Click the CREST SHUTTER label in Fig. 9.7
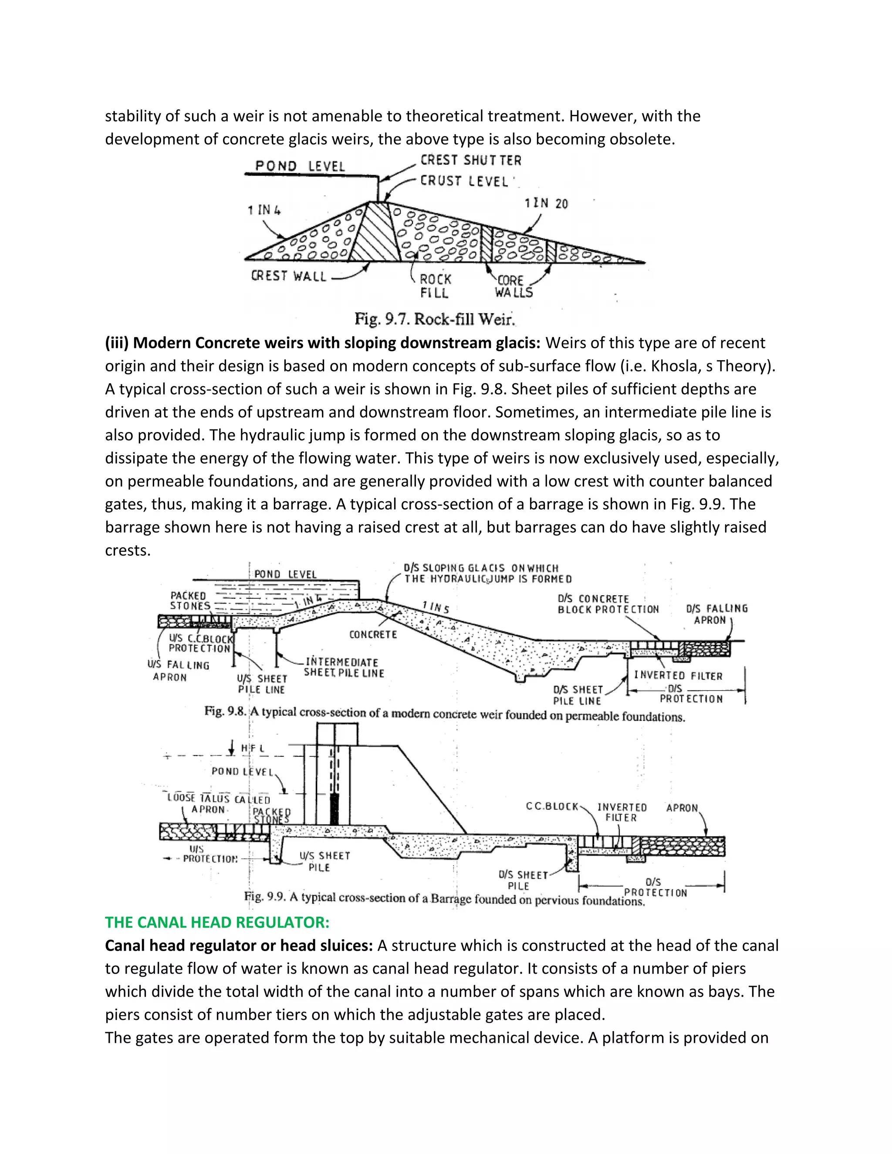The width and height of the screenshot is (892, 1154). coord(470,160)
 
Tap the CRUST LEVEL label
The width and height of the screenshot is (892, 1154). coord(464,181)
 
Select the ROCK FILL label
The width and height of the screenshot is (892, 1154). coord(435,286)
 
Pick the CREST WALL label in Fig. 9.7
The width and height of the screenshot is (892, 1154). coord(288,276)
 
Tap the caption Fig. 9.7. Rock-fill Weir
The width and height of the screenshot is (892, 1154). coord(434,319)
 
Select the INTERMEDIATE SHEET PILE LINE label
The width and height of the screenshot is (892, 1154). coord(344,667)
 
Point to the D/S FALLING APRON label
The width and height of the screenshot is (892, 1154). coord(716,614)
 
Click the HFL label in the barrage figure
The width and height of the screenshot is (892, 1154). coord(253,748)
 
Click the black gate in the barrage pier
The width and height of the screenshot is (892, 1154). coord(334,810)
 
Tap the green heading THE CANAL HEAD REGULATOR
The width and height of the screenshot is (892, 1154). coord(216,922)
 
